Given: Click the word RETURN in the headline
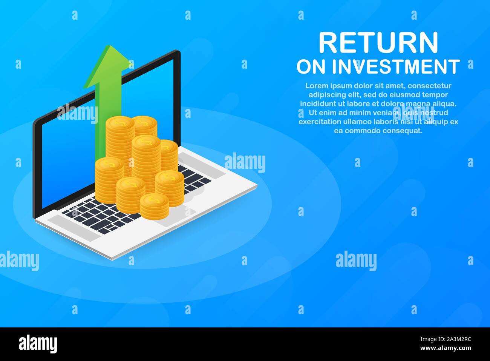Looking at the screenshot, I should tap(378, 42).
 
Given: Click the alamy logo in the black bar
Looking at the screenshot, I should tap(38, 344).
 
